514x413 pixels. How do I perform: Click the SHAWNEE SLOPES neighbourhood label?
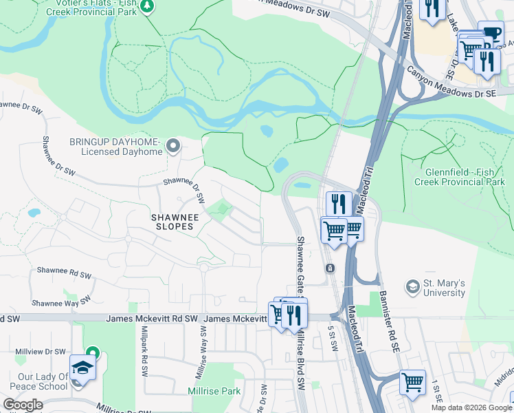click(x=175, y=222)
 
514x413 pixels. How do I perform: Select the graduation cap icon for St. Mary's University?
click(x=412, y=286)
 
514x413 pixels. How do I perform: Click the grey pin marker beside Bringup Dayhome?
click(x=172, y=146)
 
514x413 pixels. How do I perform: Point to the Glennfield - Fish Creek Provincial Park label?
click(x=459, y=177)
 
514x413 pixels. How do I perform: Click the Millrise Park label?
click(x=214, y=391)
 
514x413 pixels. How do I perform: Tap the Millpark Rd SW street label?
click(x=144, y=341)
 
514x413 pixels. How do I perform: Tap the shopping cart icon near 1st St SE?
click(x=412, y=381)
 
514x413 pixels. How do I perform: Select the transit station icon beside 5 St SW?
click(x=330, y=268)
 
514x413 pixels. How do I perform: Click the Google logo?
click(x=23, y=405)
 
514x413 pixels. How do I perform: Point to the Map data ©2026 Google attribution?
click(x=471, y=407)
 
